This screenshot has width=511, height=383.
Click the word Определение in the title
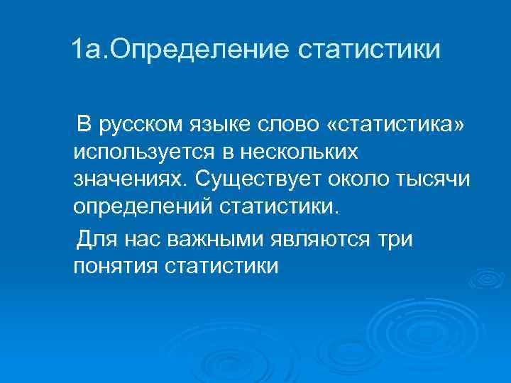coord(194,50)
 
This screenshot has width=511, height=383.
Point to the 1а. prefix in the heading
coord(91,50)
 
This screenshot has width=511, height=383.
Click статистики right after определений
coord(279,206)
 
